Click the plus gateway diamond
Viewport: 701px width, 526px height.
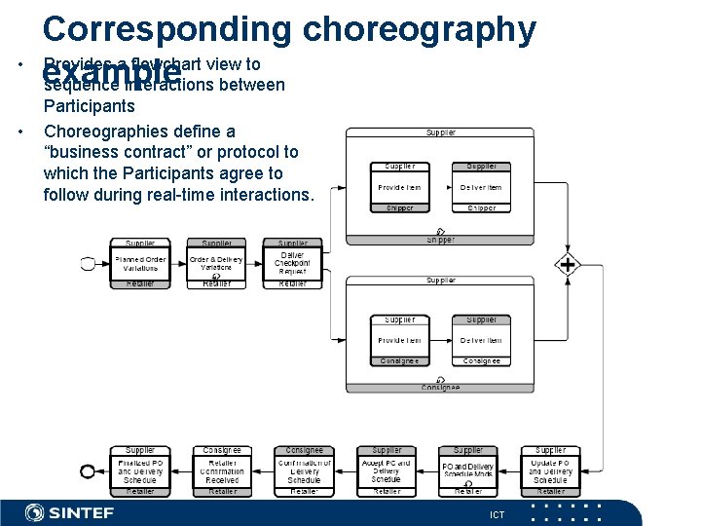567,264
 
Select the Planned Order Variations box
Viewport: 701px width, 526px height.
140,264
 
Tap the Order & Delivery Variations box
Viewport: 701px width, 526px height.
216,264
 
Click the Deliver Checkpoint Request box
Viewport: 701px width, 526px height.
293,264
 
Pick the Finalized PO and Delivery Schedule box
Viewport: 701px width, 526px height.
140,471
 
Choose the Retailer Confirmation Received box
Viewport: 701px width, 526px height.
222,471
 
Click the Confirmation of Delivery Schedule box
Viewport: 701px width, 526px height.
304,471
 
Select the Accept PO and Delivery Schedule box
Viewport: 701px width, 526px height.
386,471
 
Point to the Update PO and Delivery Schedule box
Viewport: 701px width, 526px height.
550,471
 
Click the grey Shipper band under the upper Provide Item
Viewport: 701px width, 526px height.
399,207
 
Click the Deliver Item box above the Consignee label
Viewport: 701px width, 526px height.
481,340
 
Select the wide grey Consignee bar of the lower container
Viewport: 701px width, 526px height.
440,388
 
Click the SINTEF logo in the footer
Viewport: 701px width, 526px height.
69,512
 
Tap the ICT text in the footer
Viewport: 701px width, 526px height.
497,514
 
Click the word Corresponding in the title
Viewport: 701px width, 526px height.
166,29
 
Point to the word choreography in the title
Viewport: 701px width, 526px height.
419,29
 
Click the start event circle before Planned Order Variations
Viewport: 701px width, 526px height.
89,263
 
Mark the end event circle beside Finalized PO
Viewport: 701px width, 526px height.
88,471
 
